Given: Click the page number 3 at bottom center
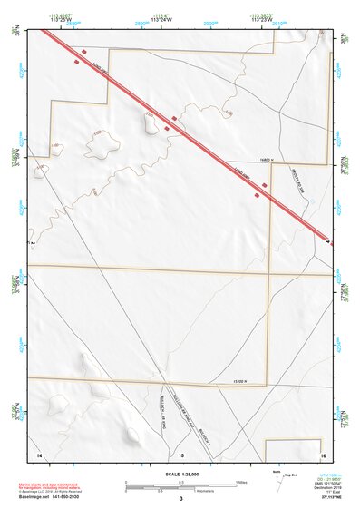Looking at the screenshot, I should [x=181, y=499].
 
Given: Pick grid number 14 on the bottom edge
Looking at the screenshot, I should [x=39, y=453].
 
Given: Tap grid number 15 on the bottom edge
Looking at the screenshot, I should [x=181, y=453].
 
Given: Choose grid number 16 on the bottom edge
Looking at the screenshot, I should [x=323, y=453].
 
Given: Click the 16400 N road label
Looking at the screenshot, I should [x=240, y=161].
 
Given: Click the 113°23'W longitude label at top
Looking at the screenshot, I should [x=263, y=18].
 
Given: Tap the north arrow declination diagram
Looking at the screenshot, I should [x=277, y=475].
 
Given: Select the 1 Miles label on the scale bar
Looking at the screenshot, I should [x=241, y=482].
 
